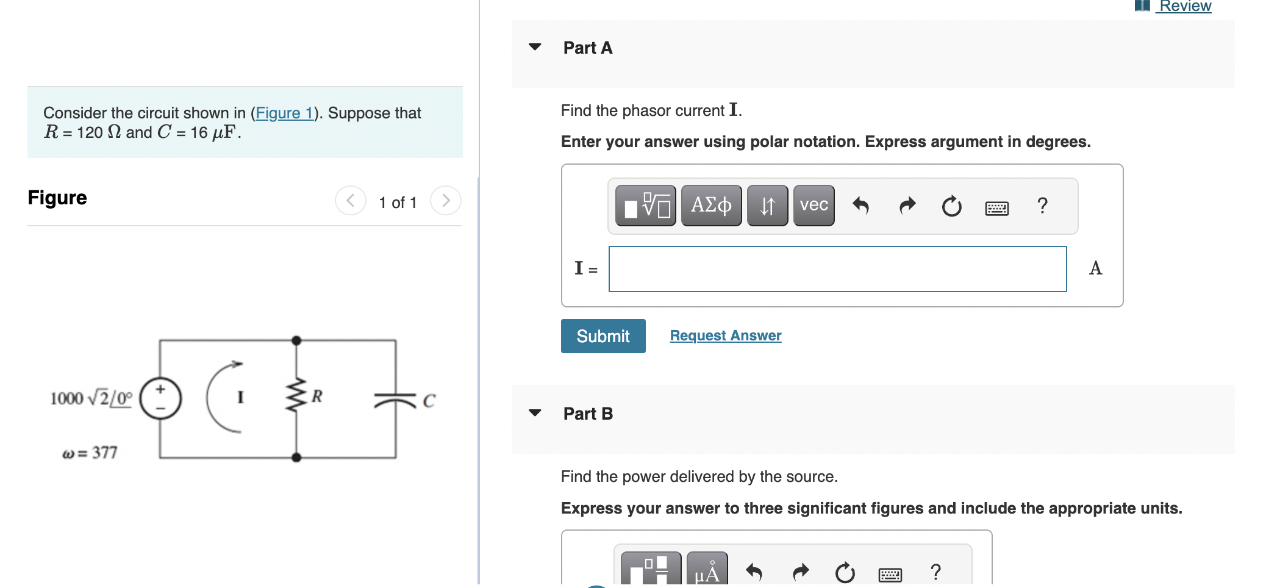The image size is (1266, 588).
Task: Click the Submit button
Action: (x=603, y=336)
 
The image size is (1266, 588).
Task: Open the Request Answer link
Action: (x=725, y=335)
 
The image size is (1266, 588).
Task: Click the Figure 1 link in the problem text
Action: (x=284, y=113)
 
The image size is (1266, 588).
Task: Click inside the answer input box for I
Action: (x=837, y=269)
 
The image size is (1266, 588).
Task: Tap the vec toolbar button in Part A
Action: (x=814, y=206)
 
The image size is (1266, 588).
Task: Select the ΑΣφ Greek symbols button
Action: (x=711, y=206)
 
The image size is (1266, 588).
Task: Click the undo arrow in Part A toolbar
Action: (x=860, y=206)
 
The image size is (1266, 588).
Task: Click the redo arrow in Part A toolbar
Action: (x=907, y=206)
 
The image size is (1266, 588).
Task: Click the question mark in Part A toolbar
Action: (x=1042, y=206)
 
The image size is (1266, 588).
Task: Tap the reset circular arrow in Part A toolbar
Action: (x=951, y=206)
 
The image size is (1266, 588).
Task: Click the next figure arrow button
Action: (x=446, y=201)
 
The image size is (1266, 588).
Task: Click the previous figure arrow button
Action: (x=351, y=201)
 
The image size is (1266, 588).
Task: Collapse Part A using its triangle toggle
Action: (x=535, y=47)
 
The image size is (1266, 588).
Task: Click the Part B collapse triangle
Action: (x=535, y=413)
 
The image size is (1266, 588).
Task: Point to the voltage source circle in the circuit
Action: (x=160, y=398)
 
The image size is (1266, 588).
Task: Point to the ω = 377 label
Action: (x=90, y=453)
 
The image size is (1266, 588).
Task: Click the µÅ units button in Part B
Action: (x=707, y=571)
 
